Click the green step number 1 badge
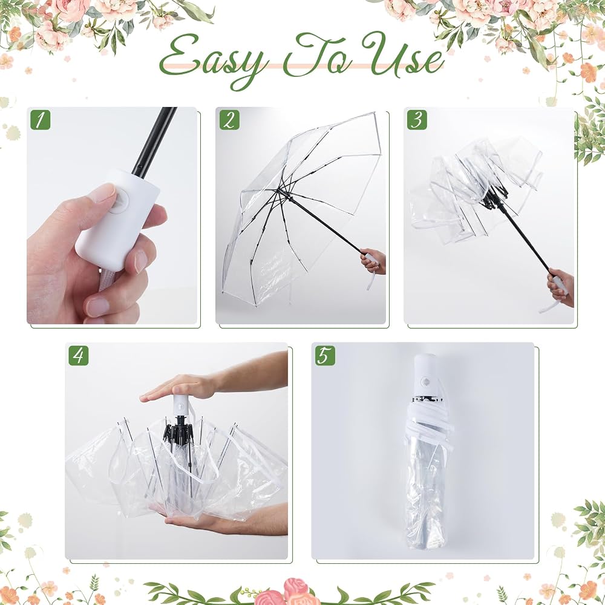(x=40, y=120)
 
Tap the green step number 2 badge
(x=229, y=120)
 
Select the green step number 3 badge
(x=417, y=120)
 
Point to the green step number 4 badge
(x=78, y=355)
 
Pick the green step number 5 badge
(x=325, y=355)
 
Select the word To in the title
(x=316, y=54)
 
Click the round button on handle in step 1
(x=119, y=201)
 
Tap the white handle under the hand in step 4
(x=180, y=405)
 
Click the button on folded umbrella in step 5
(x=425, y=381)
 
